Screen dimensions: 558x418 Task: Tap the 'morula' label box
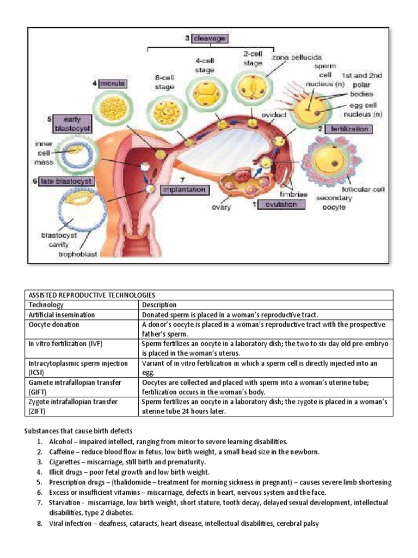pos(112,84)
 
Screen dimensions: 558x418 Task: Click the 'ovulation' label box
pos(281,204)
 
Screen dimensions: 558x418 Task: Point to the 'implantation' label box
pos(184,189)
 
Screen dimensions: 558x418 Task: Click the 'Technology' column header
pos(46,305)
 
